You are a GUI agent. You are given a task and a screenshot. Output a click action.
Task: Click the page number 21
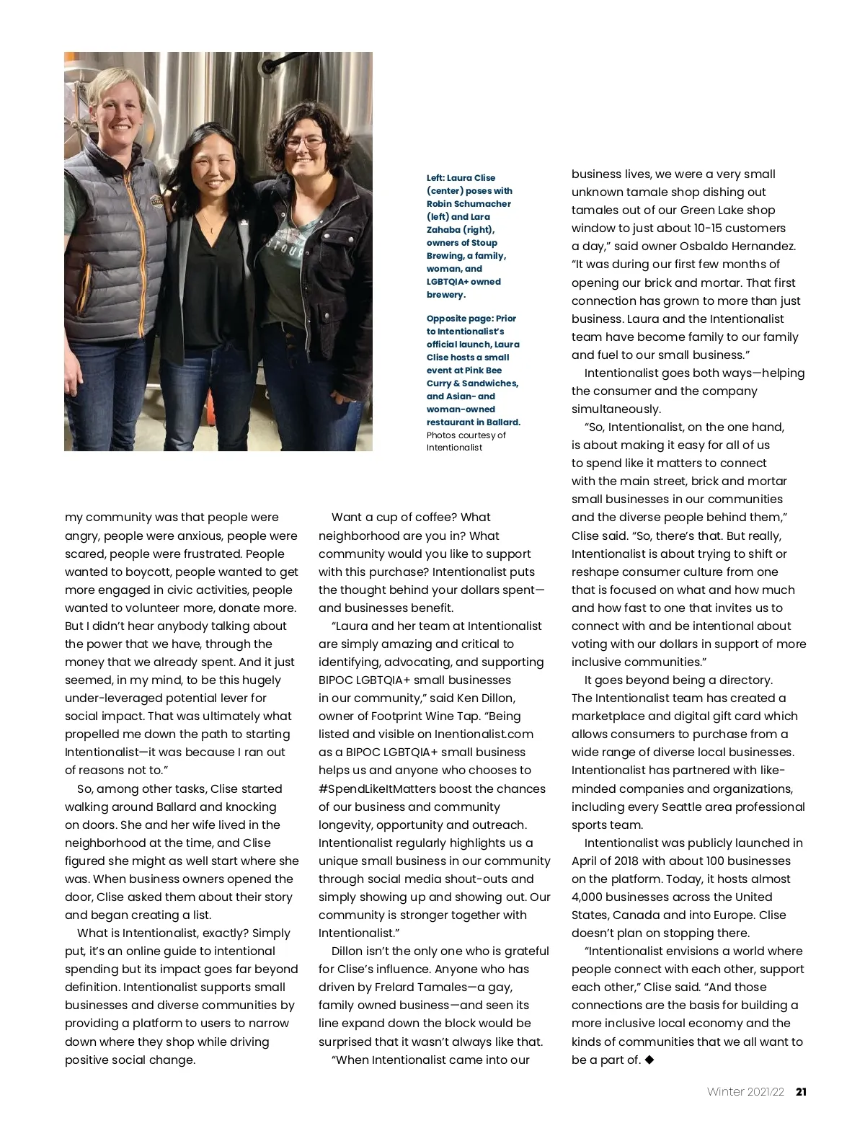[x=801, y=1091]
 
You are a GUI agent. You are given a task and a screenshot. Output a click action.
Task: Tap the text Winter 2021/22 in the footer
[x=745, y=1091]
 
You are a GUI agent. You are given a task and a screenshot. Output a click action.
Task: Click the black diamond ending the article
[x=649, y=1060]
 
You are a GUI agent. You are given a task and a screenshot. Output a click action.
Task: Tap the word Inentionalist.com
[x=474, y=734]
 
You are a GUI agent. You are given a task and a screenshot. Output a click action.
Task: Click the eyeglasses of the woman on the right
[x=303, y=141]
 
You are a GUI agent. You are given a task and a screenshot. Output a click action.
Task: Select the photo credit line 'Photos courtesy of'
[x=466, y=435]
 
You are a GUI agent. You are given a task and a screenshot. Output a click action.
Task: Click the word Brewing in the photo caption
[x=444, y=256]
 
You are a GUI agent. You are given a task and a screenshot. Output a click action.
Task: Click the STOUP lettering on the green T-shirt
[x=285, y=247]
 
